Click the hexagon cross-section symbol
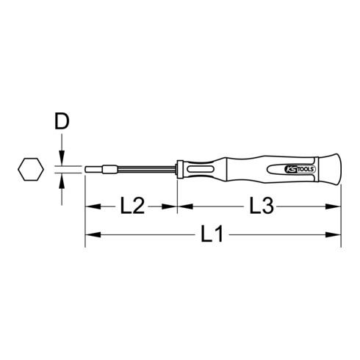click(x=31, y=169)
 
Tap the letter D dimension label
click(x=62, y=121)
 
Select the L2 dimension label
click(x=132, y=206)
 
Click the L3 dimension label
click(x=262, y=206)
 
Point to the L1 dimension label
click(x=212, y=234)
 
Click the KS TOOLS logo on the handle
click(x=300, y=170)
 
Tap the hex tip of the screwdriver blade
click(x=94, y=170)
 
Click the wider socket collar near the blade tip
click(x=110, y=170)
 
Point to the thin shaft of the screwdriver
click(x=147, y=170)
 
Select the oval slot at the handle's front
click(x=200, y=169)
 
